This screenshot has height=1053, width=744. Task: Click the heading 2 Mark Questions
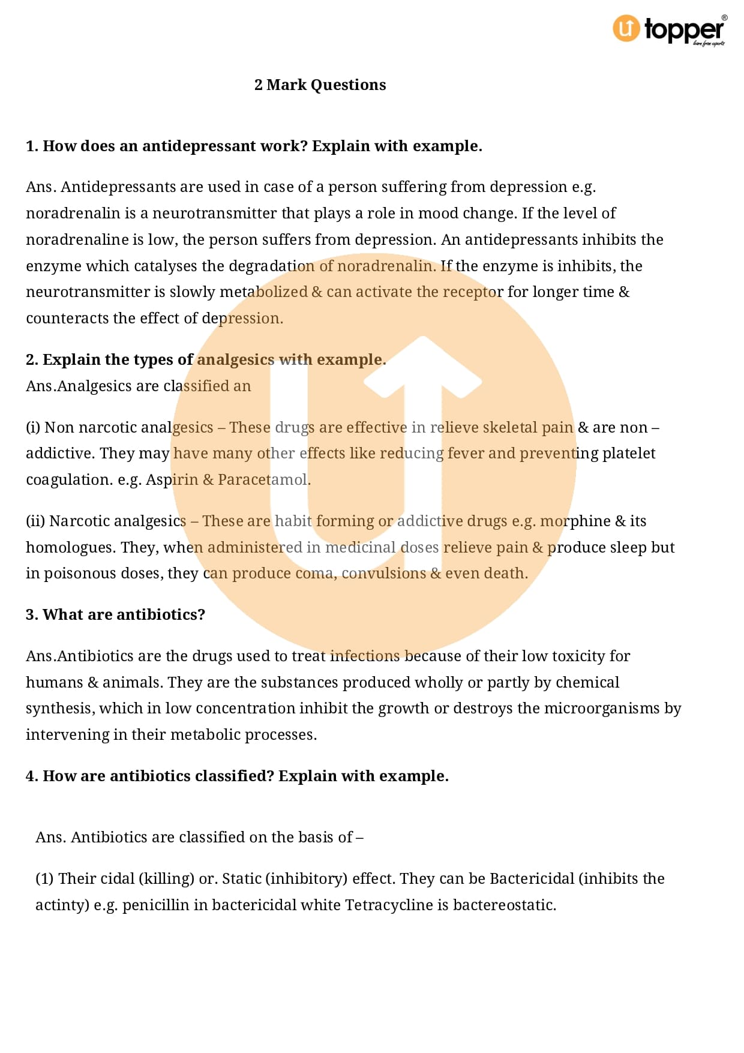(320, 85)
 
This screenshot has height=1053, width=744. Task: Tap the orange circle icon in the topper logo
(626, 28)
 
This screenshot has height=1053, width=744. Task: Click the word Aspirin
(172, 480)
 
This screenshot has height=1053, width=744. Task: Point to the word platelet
(629, 454)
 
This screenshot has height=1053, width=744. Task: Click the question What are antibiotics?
(116, 615)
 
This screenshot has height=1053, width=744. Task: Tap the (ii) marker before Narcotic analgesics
(35, 521)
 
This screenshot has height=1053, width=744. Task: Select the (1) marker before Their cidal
(45, 879)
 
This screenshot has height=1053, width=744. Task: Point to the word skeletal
(509, 427)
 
